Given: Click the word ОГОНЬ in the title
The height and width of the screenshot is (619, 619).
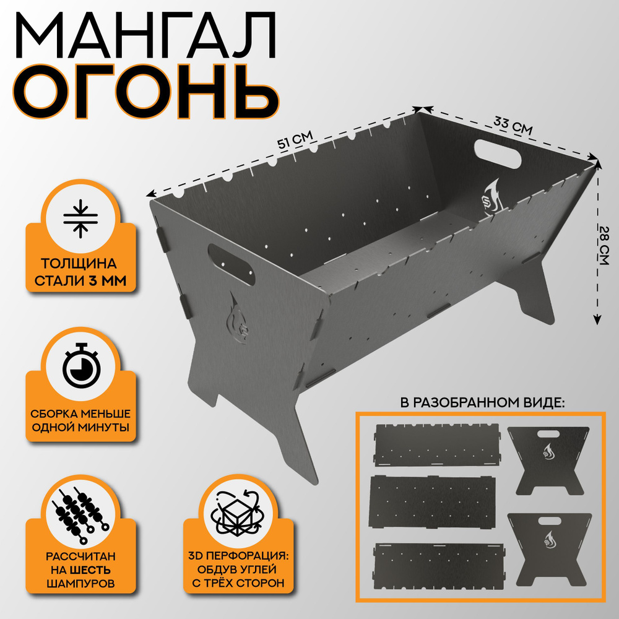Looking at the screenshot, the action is click(x=146, y=92).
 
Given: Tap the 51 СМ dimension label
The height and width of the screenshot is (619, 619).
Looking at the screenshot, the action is click(x=295, y=139).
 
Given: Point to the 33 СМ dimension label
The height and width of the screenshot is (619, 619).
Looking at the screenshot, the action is click(x=513, y=126).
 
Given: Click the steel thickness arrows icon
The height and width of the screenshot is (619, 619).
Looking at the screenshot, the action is click(x=80, y=219).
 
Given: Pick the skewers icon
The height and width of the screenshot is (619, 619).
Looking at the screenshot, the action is click(x=80, y=514).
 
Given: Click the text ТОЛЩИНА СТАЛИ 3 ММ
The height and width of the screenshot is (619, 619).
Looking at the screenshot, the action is click(x=80, y=272).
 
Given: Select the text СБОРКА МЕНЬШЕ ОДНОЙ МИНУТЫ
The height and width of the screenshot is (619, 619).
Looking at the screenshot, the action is click(x=80, y=420).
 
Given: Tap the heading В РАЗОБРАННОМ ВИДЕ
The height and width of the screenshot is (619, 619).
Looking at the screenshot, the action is click(x=482, y=403).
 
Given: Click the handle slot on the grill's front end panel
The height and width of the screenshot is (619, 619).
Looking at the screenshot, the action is click(x=231, y=264).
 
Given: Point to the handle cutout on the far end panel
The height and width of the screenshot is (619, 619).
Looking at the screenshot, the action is click(x=498, y=154).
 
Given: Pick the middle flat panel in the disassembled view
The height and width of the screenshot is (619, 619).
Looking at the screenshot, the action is click(x=432, y=501).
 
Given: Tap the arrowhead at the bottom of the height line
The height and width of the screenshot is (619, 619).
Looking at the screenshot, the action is click(x=597, y=320).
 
